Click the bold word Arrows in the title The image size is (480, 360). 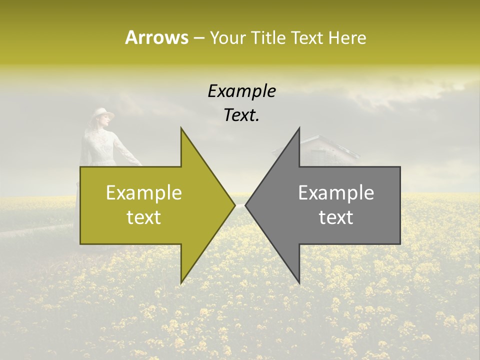click(156, 38)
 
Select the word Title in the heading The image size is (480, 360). click(267, 38)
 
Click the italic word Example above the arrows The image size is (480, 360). click(241, 91)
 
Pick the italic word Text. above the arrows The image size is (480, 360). click(241, 115)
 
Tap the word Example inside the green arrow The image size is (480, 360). click(144, 193)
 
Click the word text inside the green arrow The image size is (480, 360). click(144, 217)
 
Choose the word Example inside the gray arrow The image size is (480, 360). click(336, 193)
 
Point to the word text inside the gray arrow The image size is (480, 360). click(336, 217)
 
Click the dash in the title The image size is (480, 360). click(198, 38)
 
